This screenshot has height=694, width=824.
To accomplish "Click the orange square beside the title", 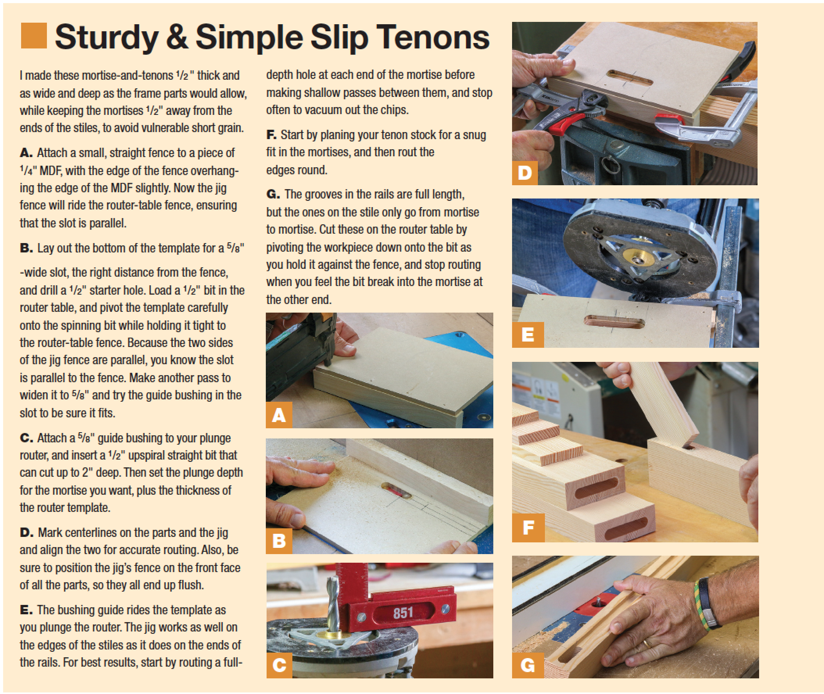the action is point(34,36).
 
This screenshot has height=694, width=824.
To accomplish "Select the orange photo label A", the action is point(279,415).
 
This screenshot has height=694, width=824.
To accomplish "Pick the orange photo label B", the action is point(279,540).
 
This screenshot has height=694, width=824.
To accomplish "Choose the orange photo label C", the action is point(279,665).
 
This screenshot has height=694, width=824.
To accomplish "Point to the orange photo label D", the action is point(525,172).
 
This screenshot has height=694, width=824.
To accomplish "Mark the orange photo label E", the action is point(528,334).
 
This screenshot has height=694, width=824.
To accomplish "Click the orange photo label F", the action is point(528,528).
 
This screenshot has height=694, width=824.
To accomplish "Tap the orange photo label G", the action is point(528,665).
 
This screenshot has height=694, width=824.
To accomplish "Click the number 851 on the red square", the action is point(403,613).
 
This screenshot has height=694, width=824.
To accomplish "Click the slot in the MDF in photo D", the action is point(630,78).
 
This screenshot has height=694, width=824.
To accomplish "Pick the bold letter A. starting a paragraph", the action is point(26,153).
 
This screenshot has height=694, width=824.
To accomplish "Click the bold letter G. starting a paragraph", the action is point(273,194).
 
